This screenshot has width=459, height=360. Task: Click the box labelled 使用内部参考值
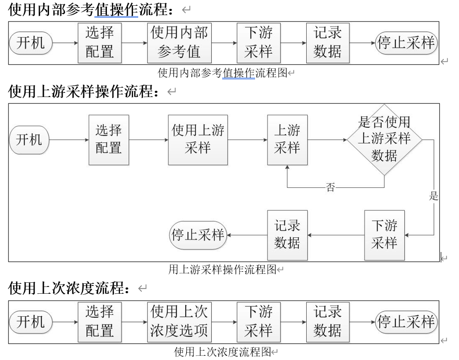[179, 43]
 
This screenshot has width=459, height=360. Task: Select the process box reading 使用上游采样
[198, 140]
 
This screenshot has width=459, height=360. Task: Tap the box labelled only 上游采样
[287, 140]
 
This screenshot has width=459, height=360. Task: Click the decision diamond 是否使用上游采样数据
[384, 139]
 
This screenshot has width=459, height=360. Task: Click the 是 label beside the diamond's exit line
[433, 196]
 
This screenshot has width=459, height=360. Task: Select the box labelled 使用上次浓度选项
[179, 322]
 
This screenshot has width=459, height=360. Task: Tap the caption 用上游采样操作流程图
[222, 269]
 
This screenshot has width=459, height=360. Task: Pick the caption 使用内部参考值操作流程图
[223, 73]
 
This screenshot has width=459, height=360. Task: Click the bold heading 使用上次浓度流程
[71, 287]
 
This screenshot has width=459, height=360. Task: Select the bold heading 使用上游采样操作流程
[83, 92]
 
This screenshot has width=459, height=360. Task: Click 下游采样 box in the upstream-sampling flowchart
[384, 235]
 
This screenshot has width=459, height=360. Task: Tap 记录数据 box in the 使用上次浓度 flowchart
[328, 322]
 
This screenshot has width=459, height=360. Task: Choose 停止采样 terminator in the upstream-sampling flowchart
[198, 235]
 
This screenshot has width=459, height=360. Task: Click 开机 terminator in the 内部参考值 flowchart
[31, 43]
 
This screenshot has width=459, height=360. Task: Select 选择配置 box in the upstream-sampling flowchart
[108, 140]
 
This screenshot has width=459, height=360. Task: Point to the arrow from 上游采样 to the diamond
[327, 140]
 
